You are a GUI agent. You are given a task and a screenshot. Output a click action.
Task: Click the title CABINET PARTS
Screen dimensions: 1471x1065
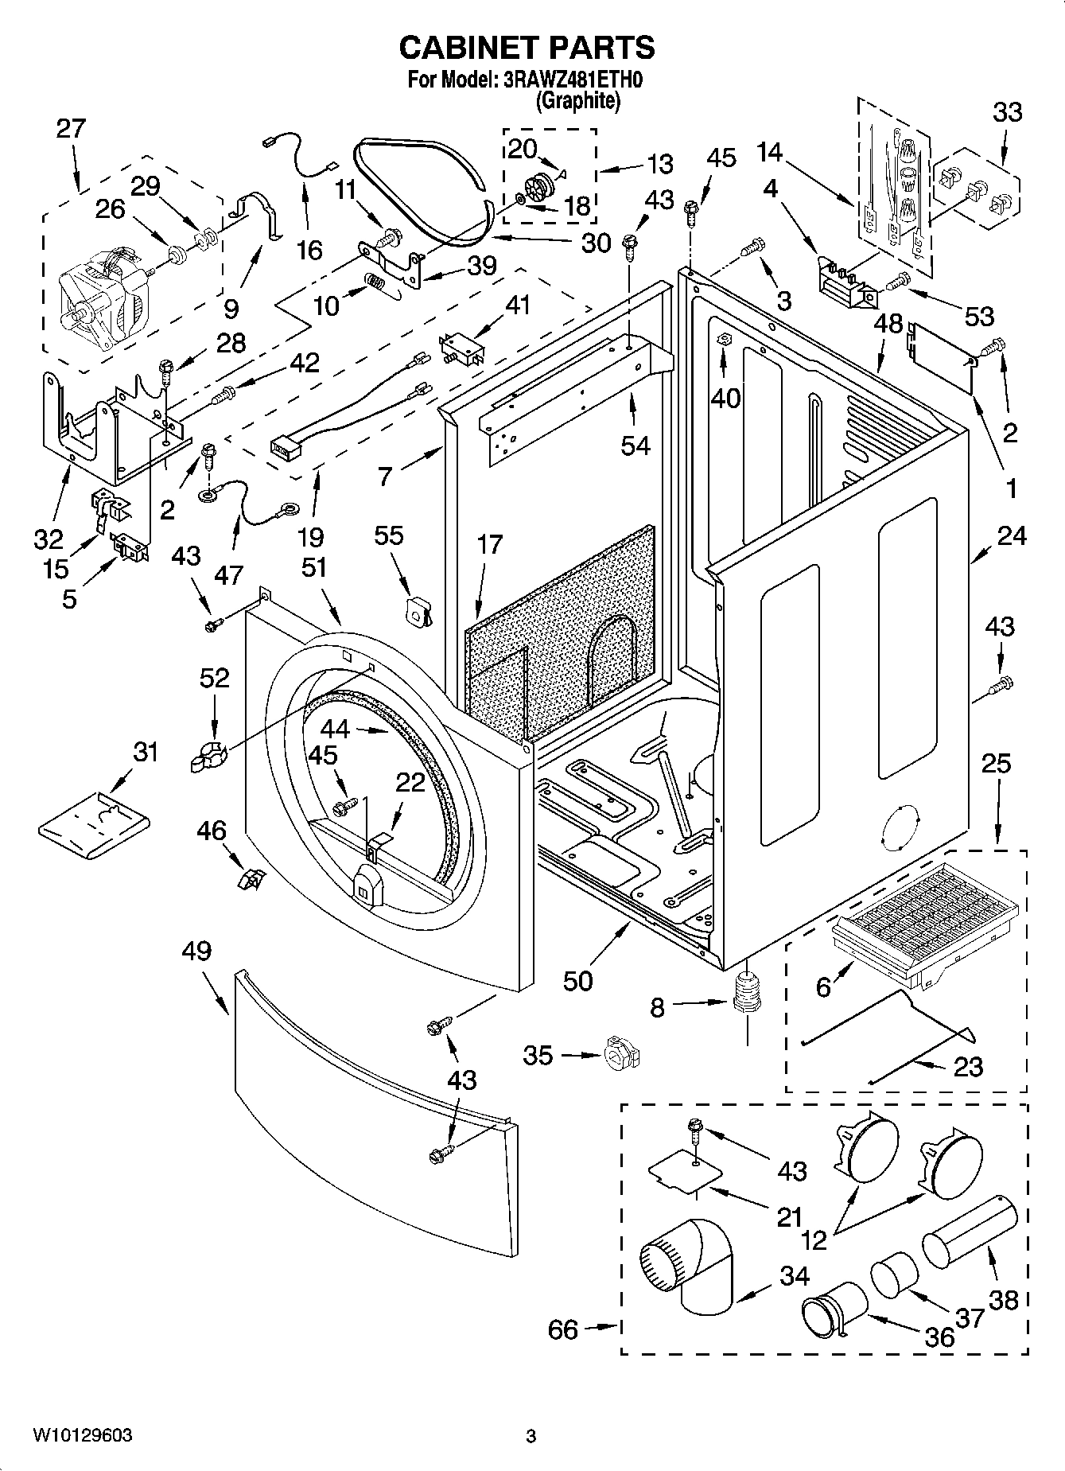(x=527, y=48)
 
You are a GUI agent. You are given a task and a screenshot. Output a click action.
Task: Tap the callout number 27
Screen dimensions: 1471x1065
(x=71, y=128)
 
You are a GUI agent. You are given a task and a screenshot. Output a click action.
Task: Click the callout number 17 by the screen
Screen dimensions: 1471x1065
(x=491, y=544)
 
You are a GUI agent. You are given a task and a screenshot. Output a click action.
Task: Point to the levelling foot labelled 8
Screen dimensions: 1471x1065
(x=745, y=995)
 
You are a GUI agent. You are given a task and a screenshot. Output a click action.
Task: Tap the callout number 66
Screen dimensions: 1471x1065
(x=563, y=1329)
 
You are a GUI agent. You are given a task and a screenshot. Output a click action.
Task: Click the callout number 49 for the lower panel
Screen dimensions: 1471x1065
(x=196, y=951)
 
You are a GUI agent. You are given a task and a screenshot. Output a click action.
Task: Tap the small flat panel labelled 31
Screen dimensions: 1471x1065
(x=94, y=827)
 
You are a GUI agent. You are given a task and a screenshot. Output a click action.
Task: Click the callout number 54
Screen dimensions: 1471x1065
(x=636, y=446)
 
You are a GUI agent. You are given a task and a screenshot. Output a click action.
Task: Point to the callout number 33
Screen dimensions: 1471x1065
(x=1007, y=112)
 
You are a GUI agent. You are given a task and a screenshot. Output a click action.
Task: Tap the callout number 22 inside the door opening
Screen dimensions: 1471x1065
(x=410, y=783)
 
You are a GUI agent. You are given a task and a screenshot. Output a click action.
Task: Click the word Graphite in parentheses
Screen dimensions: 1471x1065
(x=577, y=101)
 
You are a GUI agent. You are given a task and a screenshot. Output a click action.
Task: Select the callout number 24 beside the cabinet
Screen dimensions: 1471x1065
(x=1012, y=536)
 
